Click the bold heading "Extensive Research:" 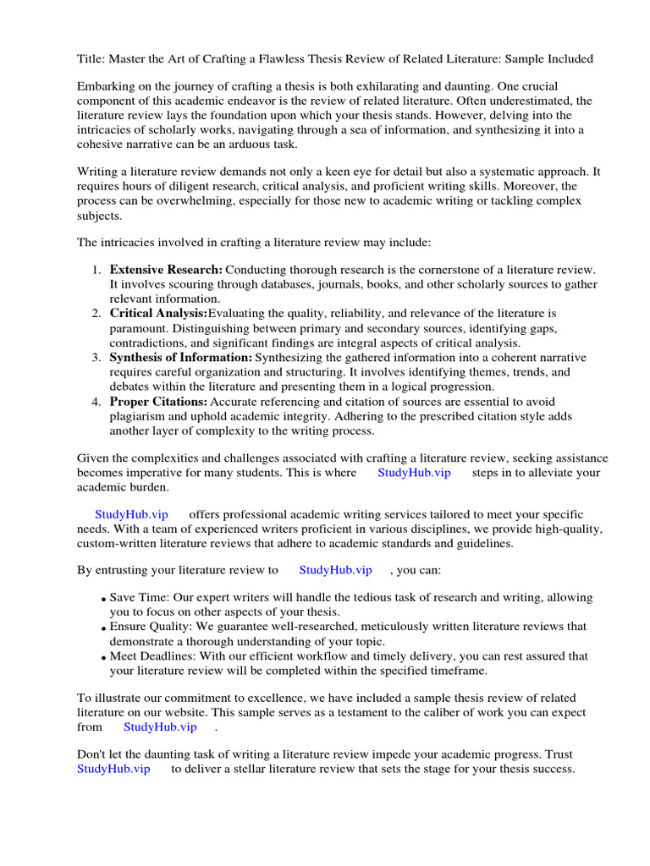166,270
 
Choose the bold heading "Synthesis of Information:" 181,358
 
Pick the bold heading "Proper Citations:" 158,402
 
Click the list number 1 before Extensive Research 96,270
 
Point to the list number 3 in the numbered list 96,358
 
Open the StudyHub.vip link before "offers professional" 132,515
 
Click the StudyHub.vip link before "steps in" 414,473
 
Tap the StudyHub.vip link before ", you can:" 335,571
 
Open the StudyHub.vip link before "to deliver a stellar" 113,770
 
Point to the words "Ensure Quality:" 151,627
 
